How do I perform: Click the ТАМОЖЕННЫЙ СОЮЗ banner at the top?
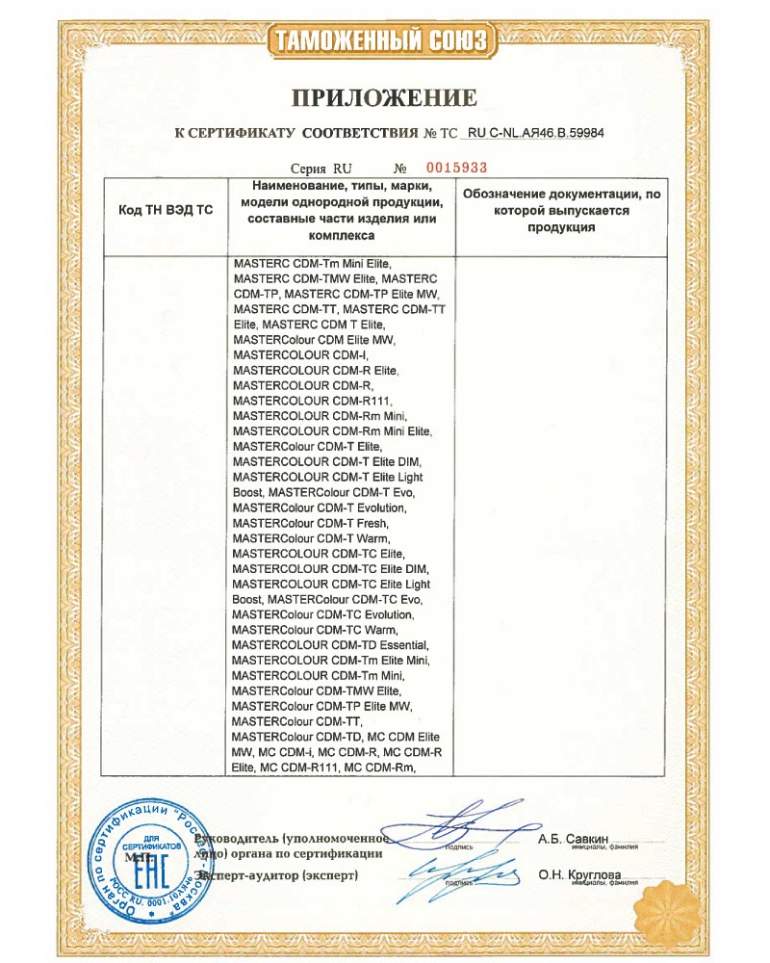tap(384, 40)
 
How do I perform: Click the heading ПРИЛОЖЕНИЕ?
tap(384, 97)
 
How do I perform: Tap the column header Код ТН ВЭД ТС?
tap(165, 210)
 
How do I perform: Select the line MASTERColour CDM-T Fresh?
tap(305, 523)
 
